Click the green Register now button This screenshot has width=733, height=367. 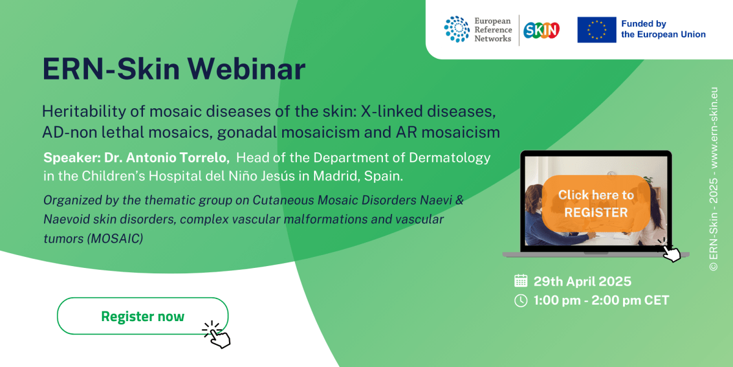[x=142, y=316]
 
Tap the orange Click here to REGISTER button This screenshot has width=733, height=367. [x=596, y=204]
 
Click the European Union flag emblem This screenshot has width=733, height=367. [x=596, y=30]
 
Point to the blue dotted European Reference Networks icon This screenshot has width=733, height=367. [x=457, y=29]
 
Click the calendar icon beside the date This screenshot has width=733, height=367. [x=520, y=281]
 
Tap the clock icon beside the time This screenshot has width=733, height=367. [x=520, y=300]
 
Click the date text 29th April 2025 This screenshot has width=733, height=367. [x=582, y=281]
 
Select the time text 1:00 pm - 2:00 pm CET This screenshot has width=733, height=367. [x=601, y=300]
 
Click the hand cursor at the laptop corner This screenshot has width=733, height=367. [x=670, y=251]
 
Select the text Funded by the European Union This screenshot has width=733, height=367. [x=663, y=29]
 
